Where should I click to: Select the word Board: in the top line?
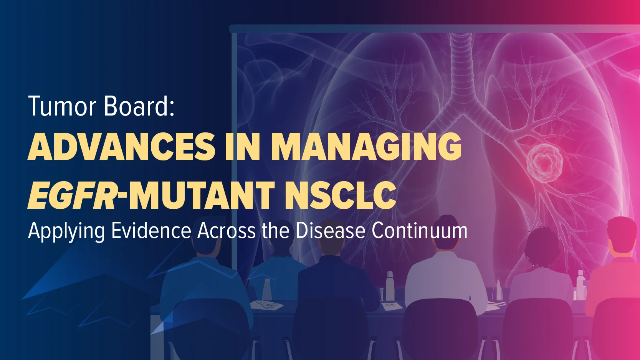139,106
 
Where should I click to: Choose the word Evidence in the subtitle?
151,230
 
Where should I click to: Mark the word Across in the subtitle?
226,230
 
